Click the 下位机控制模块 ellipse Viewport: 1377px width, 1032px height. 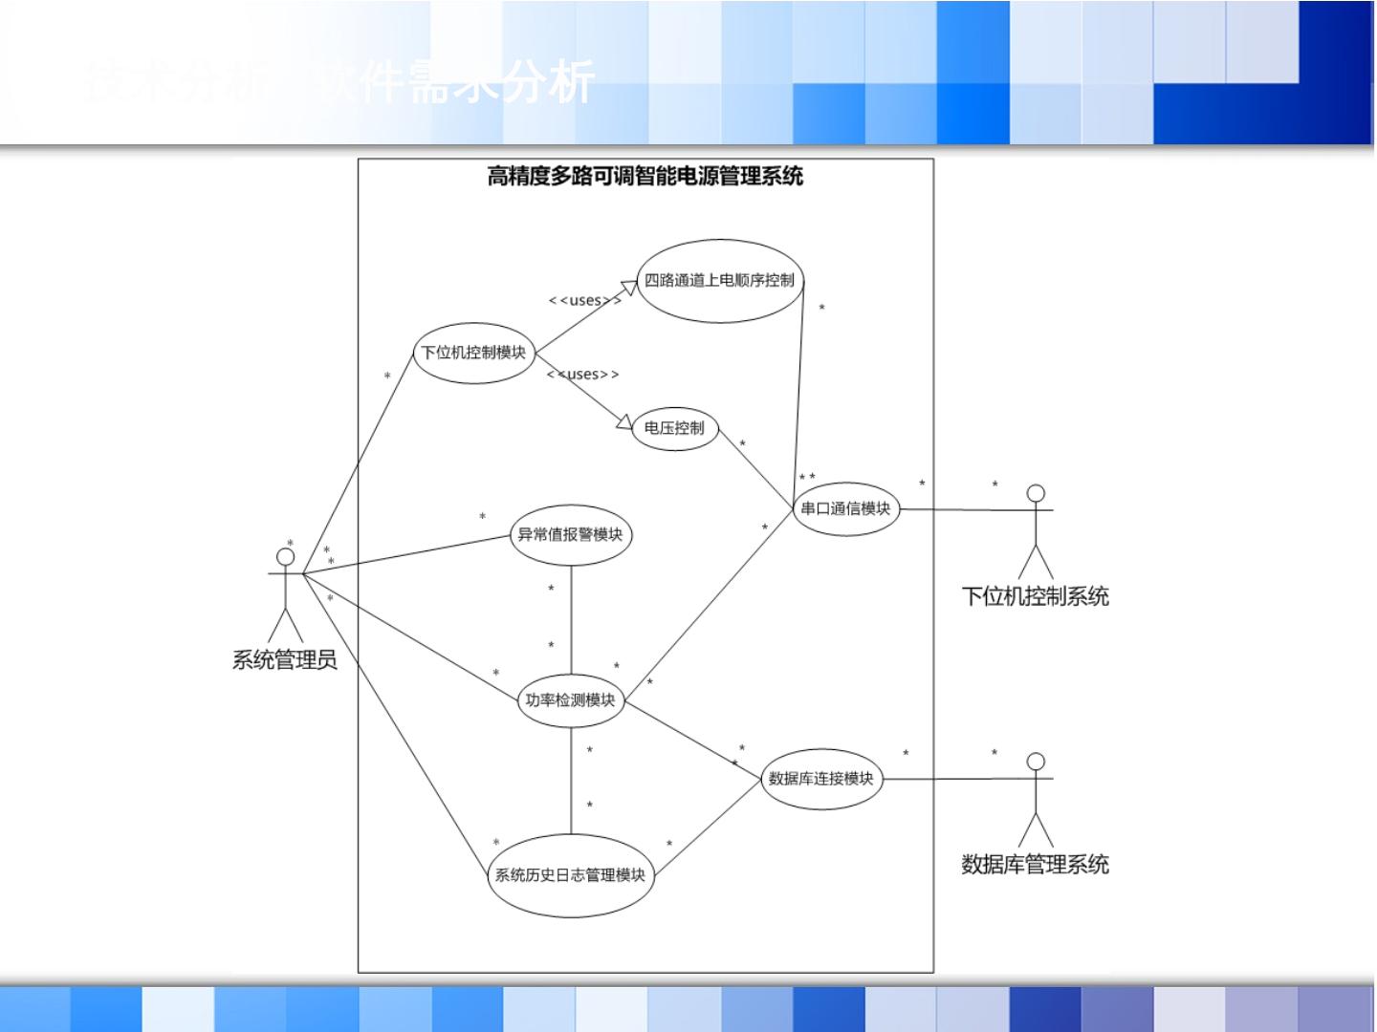(x=473, y=353)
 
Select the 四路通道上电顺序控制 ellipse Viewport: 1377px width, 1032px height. (x=719, y=281)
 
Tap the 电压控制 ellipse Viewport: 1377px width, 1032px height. (x=674, y=428)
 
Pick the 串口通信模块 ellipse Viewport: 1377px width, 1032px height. (x=845, y=508)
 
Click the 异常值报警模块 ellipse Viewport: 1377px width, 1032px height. (x=570, y=535)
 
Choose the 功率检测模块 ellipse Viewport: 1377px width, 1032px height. (x=570, y=700)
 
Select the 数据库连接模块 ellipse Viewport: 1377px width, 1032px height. (x=821, y=779)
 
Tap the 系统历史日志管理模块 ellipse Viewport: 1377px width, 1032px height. (x=570, y=875)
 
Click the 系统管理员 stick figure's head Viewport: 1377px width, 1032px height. (x=285, y=557)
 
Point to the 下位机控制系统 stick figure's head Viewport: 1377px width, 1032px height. (x=1036, y=494)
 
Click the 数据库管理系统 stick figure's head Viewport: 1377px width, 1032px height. (x=1036, y=762)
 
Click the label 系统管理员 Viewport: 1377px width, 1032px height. (x=285, y=660)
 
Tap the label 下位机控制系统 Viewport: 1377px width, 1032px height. (x=1035, y=597)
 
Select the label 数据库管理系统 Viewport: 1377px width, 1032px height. (x=1035, y=865)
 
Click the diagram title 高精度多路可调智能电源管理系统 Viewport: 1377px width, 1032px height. (x=645, y=176)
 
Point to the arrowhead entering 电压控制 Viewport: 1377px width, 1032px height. (x=625, y=421)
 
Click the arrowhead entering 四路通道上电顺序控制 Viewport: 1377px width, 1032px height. (x=629, y=286)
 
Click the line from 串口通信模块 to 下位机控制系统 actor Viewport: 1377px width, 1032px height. (x=966, y=510)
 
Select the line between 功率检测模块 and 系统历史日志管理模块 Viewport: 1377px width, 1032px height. (x=571, y=779)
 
